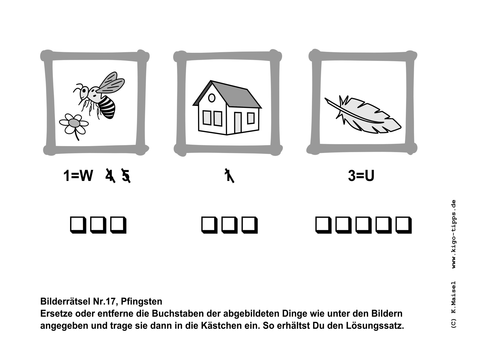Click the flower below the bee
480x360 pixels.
pyautogui.click(x=74, y=124)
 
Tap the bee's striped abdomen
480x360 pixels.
pyautogui.click(x=107, y=107)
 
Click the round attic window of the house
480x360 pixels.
pyautogui.click(x=212, y=98)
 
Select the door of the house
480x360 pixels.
pyautogui.click(x=238, y=123)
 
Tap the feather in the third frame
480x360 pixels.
pyautogui.click(x=363, y=115)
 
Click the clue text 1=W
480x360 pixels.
pyautogui.click(x=78, y=175)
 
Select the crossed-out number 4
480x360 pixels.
pyautogui.click(x=110, y=175)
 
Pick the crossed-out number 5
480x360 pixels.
pyautogui.click(x=126, y=175)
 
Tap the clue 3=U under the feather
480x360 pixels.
pyautogui.click(x=361, y=175)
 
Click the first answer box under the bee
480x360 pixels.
pyautogui.click(x=77, y=225)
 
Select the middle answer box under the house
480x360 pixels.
pyautogui.click(x=229, y=225)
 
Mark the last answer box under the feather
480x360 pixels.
pyautogui.click(x=403, y=225)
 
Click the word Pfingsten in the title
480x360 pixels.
pyautogui.click(x=142, y=301)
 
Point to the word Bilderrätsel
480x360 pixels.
pyautogui.click(x=65, y=301)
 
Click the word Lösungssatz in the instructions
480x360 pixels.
pyautogui.click(x=375, y=326)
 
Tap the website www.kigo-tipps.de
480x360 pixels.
pyautogui.click(x=454, y=234)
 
